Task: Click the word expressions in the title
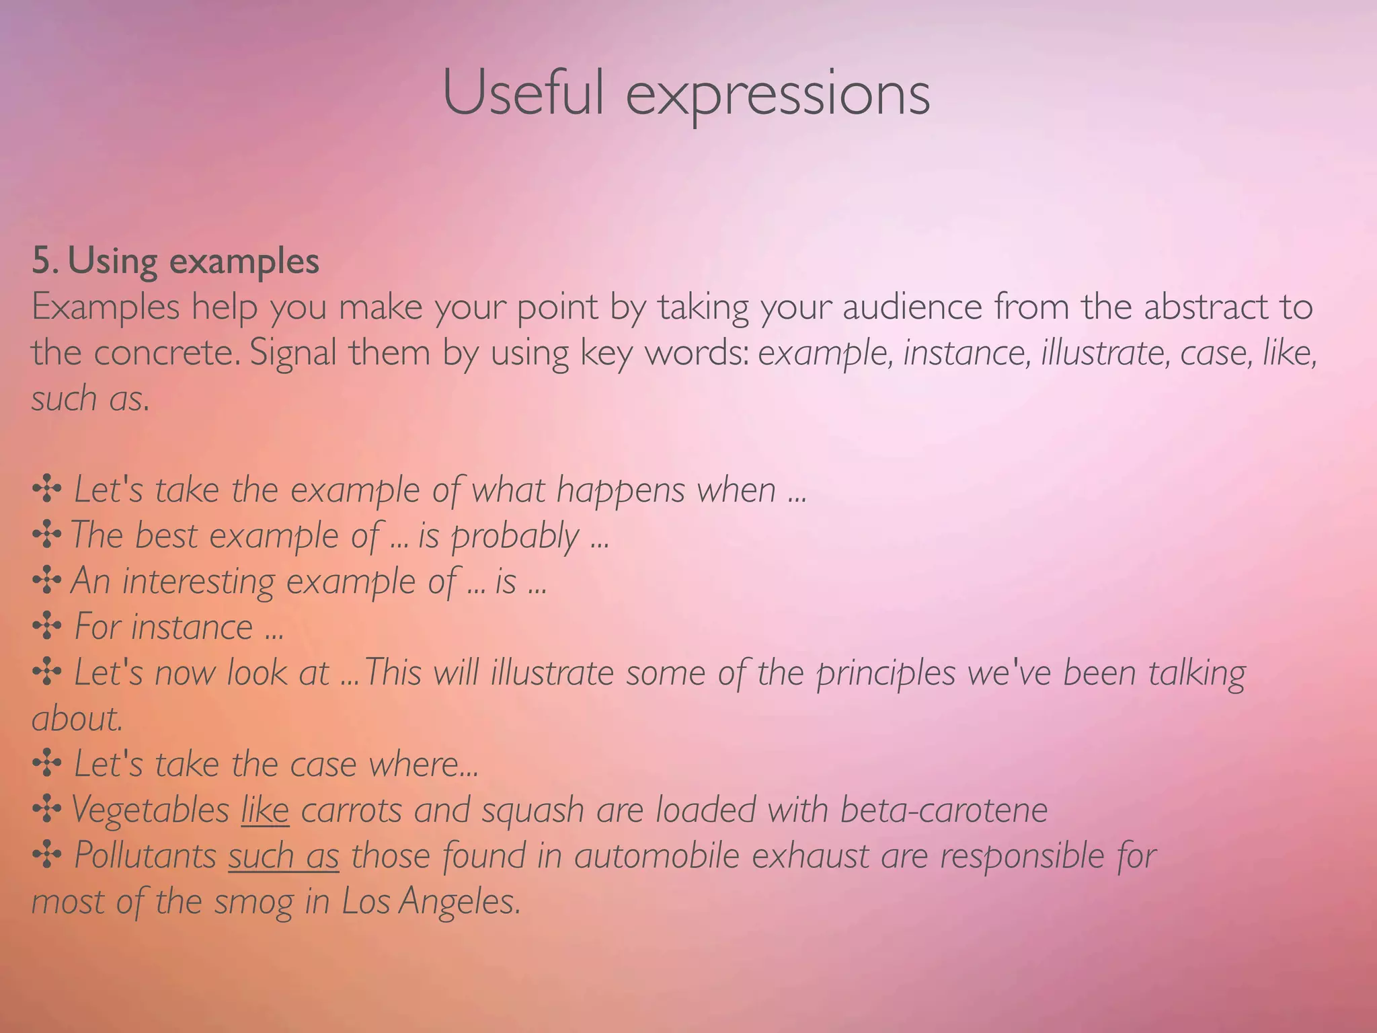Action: point(778,98)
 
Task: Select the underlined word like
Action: point(265,809)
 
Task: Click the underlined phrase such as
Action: point(283,855)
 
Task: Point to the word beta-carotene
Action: point(944,809)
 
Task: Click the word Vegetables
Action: point(150,809)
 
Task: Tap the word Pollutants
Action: point(145,855)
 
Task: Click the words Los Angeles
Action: point(431,901)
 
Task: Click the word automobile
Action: point(656,855)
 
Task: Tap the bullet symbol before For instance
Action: point(47,627)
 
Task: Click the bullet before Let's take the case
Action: point(47,764)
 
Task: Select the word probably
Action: point(514,537)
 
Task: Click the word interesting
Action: point(198,581)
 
